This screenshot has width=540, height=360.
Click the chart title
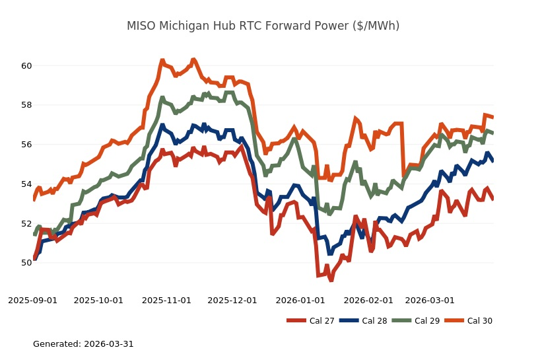[x=263, y=26]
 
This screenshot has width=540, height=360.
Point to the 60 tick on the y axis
[x=26, y=66]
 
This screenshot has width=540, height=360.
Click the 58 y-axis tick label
[x=26, y=105]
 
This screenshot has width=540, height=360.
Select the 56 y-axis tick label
[x=26, y=145]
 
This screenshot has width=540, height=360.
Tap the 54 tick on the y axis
[x=26, y=184]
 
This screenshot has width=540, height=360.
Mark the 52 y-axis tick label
[x=26, y=223]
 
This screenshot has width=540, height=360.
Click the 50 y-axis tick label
[x=26, y=263]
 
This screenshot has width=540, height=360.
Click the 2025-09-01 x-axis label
[x=32, y=300]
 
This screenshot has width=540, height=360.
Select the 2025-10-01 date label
[x=98, y=300]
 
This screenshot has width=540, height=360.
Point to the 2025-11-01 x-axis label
[x=167, y=300]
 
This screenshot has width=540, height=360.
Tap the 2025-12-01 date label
[x=232, y=300]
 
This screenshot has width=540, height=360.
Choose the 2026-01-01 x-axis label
[x=300, y=300]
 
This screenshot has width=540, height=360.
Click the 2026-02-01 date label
[x=368, y=300]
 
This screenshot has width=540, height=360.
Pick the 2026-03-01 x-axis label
[x=430, y=300]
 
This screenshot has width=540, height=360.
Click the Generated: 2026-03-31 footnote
[x=83, y=344]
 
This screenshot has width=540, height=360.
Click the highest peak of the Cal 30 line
[x=193, y=59]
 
